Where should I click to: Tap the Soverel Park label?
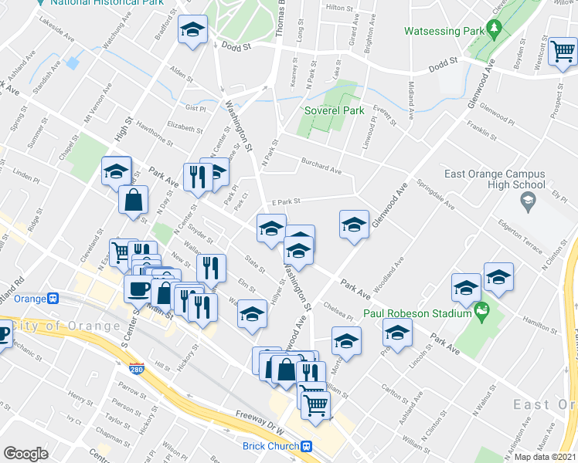[334, 110]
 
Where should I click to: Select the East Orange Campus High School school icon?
[528, 203]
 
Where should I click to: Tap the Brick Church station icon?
[307, 446]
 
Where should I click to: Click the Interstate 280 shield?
[137, 369]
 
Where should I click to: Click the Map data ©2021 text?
[546, 457]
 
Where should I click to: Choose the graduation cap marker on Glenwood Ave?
[354, 225]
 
